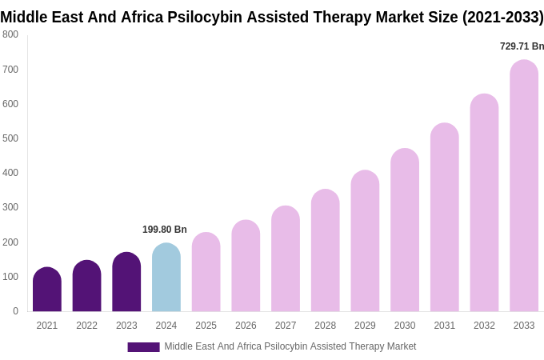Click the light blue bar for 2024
[166, 278]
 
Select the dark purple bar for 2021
[47, 290]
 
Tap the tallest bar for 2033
[524, 186]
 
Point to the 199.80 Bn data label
[165, 230]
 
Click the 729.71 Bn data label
[522, 46]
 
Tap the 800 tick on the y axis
[10, 34]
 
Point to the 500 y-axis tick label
[10, 138]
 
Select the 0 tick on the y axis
[15, 311]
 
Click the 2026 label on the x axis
[246, 326]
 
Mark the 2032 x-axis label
[484, 326]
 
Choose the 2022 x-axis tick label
[86, 326]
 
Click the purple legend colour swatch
[143, 347]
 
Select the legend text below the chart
[290, 346]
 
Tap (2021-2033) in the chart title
[502, 17]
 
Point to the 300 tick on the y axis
[10, 207]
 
